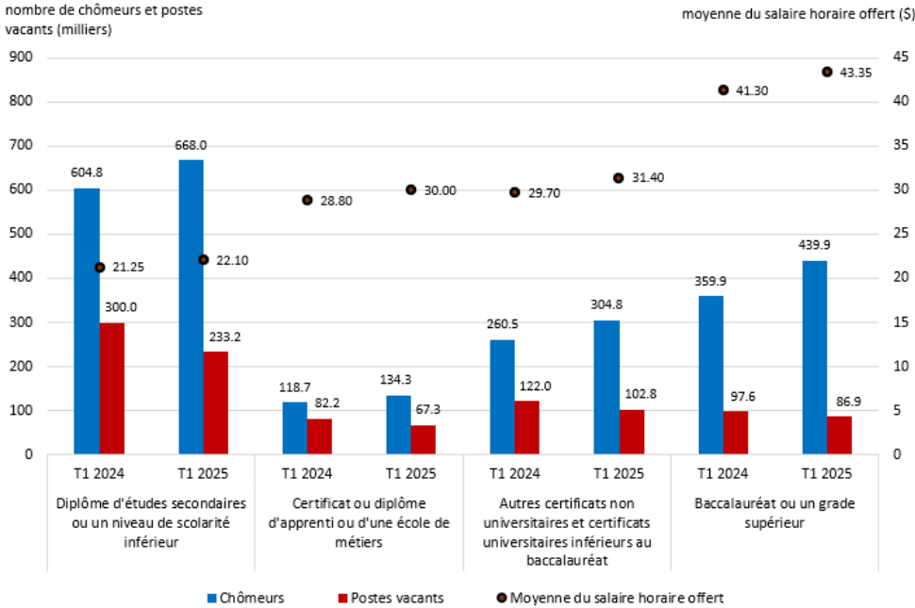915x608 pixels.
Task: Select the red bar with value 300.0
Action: coord(112,388)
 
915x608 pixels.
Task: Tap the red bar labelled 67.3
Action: coord(424,439)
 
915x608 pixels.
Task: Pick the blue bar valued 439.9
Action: coord(814,357)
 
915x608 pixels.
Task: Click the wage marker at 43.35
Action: coord(827,72)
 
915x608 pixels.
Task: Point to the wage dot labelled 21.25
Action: coord(100,267)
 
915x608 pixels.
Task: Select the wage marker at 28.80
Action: coord(308,200)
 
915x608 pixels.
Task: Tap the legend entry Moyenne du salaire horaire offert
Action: coord(609,598)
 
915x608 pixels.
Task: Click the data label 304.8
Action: coord(607,304)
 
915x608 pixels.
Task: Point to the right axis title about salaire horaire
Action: coord(794,13)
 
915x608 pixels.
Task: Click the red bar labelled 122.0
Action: coord(527,427)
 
